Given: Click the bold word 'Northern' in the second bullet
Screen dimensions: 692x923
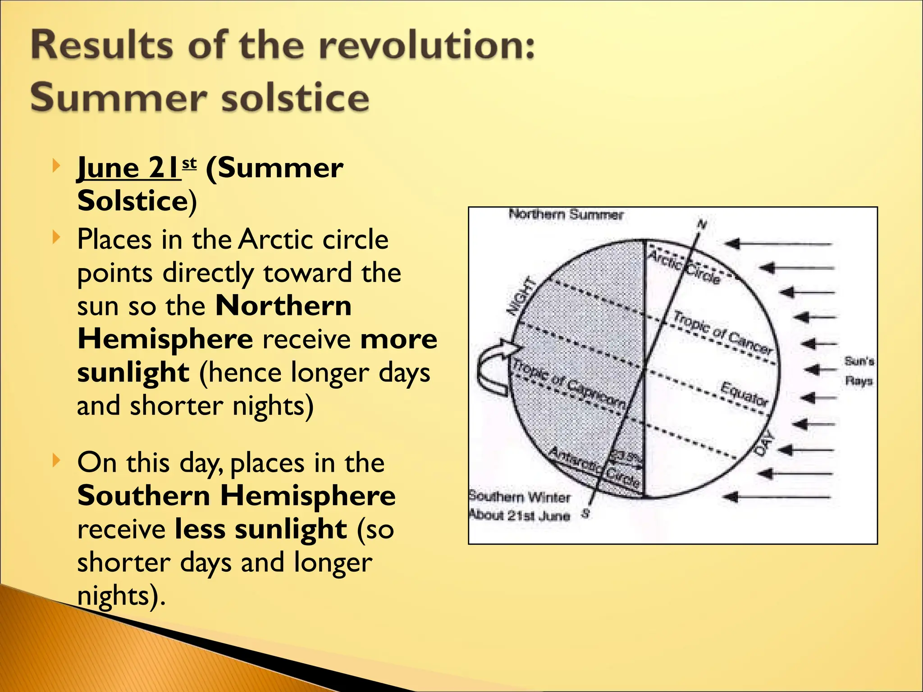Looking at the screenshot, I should point(283,306).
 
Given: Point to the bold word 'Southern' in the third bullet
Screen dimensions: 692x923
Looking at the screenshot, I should point(144,496).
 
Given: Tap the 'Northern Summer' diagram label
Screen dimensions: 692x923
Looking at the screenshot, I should point(566,214).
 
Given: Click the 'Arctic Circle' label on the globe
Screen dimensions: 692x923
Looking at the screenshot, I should point(684,267).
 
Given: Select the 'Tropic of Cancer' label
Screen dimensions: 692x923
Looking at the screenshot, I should point(722,332).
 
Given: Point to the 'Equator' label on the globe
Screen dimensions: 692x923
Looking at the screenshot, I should point(744,393).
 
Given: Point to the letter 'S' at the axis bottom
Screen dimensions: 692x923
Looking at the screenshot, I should point(586,513).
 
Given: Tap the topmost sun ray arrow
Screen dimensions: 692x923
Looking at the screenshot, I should point(778,244).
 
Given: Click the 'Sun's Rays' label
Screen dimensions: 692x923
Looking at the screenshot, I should point(859,371).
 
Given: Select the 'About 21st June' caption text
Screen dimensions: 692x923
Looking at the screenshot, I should point(519,515).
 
